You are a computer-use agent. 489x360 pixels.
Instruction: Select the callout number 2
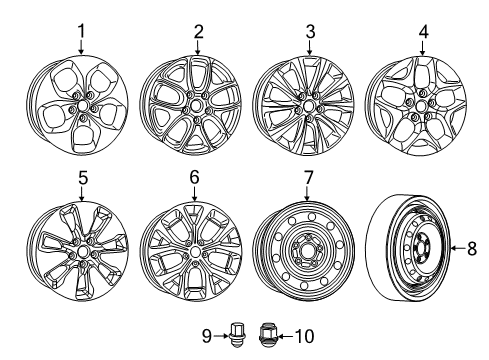197,32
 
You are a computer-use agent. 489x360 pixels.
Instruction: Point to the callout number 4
424,32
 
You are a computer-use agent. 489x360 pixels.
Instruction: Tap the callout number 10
281,336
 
